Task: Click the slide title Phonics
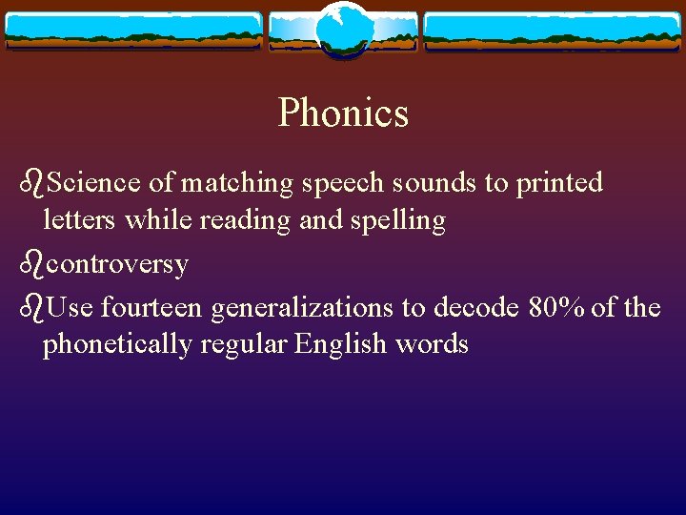tap(343, 113)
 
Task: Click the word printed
tap(559, 182)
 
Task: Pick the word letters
tap(80, 220)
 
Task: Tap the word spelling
tap(400, 221)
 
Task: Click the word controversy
tap(117, 264)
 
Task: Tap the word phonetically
tap(117, 344)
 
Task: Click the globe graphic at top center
tap(343, 30)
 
